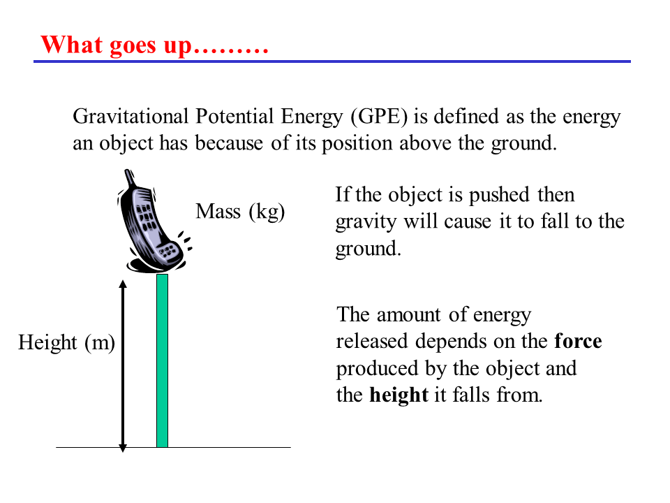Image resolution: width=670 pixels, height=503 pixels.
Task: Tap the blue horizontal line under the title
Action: coord(332,61)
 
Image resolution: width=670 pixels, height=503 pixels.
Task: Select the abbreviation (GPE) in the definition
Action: coord(379,117)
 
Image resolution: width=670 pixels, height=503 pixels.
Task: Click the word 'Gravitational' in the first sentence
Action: coord(131,117)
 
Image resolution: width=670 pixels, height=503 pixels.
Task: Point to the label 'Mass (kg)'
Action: coord(240,211)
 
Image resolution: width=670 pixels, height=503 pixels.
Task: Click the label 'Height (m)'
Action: coord(67,342)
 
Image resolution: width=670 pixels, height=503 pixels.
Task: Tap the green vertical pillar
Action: coord(162,360)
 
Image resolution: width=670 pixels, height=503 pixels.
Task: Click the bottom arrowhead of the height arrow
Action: coord(123,449)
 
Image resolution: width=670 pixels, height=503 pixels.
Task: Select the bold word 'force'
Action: coord(578,342)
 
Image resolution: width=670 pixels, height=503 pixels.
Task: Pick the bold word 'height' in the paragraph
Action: coord(399,394)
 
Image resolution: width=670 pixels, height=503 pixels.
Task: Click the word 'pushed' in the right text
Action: coord(500,195)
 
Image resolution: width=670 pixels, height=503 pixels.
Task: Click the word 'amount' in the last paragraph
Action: coord(408,315)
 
